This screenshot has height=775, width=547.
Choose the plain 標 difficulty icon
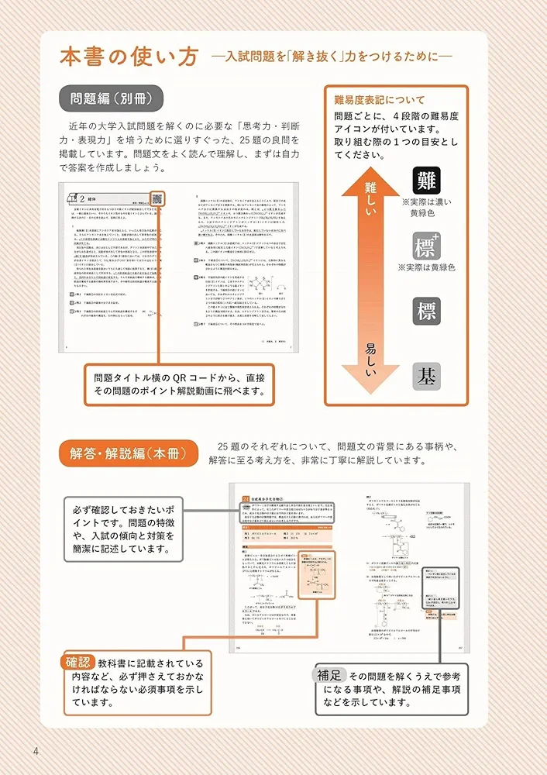coord(427,312)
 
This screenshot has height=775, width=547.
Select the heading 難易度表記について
coord(380,100)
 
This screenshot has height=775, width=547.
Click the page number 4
coord(36,751)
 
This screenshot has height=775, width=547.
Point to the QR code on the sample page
coord(157,199)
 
